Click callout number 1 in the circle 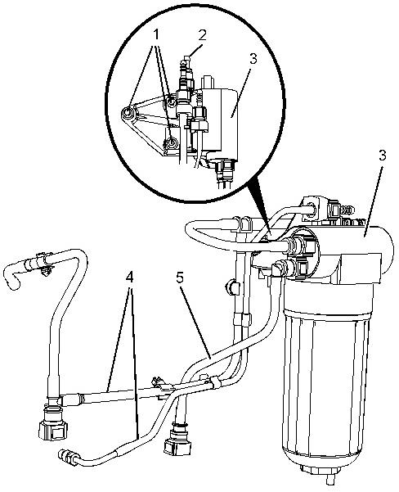pyautogui.click(x=156, y=35)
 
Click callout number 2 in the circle pyautogui.click(x=203, y=35)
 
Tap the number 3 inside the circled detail pyautogui.click(x=253, y=59)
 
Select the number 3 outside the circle pyautogui.click(x=383, y=156)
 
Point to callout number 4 pyautogui.click(x=129, y=277)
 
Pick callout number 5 pyautogui.click(x=180, y=277)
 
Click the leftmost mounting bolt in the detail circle pyautogui.click(x=128, y=113)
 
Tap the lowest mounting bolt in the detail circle pyautogui.click(x=171, y=143)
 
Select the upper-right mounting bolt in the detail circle pyautogui.click(x=171, y=102)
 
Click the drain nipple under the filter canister pyautogui.click(x=330, y=479)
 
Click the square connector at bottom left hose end pyautogui.click(x=52, y=431)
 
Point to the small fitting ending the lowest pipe pyautogui.click(x=69, y=457)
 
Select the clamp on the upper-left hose pyautogui.click(x=44, y=263)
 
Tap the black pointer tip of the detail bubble pyautogui.click(x=269, y=232)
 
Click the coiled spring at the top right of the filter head pyautogui.click(x=347, y=210)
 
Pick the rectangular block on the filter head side pyautogui.click(x=361, y=268)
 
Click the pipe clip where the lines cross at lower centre pyautogui.click(x=215, y=381)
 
